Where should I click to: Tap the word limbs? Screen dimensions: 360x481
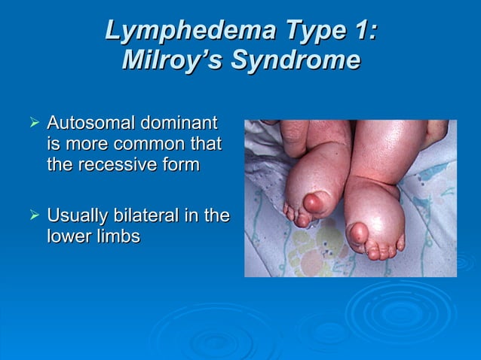(119, 236)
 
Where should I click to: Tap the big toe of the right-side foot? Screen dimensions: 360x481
(358, 233)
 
